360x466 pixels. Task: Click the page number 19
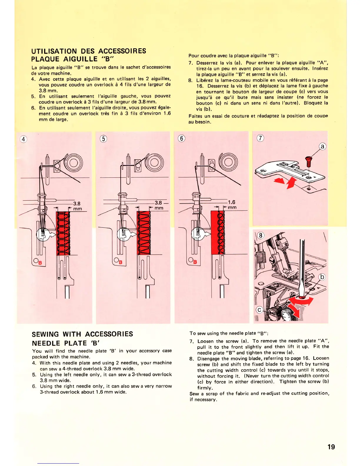(331, 447)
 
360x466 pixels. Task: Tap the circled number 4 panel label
(24, 139)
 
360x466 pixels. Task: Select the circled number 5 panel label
(103, 139)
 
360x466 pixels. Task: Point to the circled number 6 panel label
(182, 138)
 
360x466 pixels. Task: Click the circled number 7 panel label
(261, 138)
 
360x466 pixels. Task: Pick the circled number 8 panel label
(261, 235)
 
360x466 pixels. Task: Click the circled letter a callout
(323, 147)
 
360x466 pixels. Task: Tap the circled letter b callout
(323, 277)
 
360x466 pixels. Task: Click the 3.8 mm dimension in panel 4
(77, 206)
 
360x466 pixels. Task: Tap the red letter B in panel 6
(195, 262)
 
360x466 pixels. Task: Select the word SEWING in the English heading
(45, 334)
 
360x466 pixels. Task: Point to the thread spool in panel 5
(154, 162)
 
